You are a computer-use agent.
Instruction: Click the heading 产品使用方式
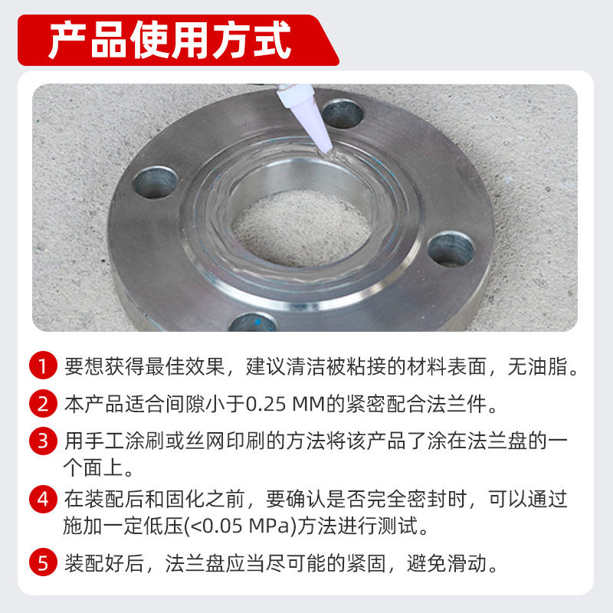pos(169,40)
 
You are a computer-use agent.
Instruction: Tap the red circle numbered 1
pos(43,366)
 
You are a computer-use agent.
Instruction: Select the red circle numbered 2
pos(43,403)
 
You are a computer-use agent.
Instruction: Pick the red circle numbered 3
pos(43,441)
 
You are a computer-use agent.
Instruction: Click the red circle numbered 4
pos(43,500)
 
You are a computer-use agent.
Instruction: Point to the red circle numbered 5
pos(43,565)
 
